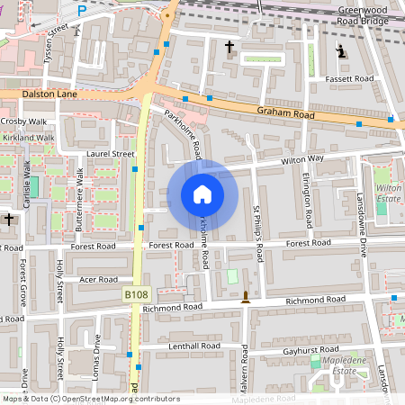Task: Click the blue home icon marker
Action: [202, 194]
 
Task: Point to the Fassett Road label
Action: [350, 79]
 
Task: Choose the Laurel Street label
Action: [109, 154]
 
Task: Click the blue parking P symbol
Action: [83, 11]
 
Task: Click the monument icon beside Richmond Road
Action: [245, 297]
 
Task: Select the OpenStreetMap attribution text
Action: [90, 399]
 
